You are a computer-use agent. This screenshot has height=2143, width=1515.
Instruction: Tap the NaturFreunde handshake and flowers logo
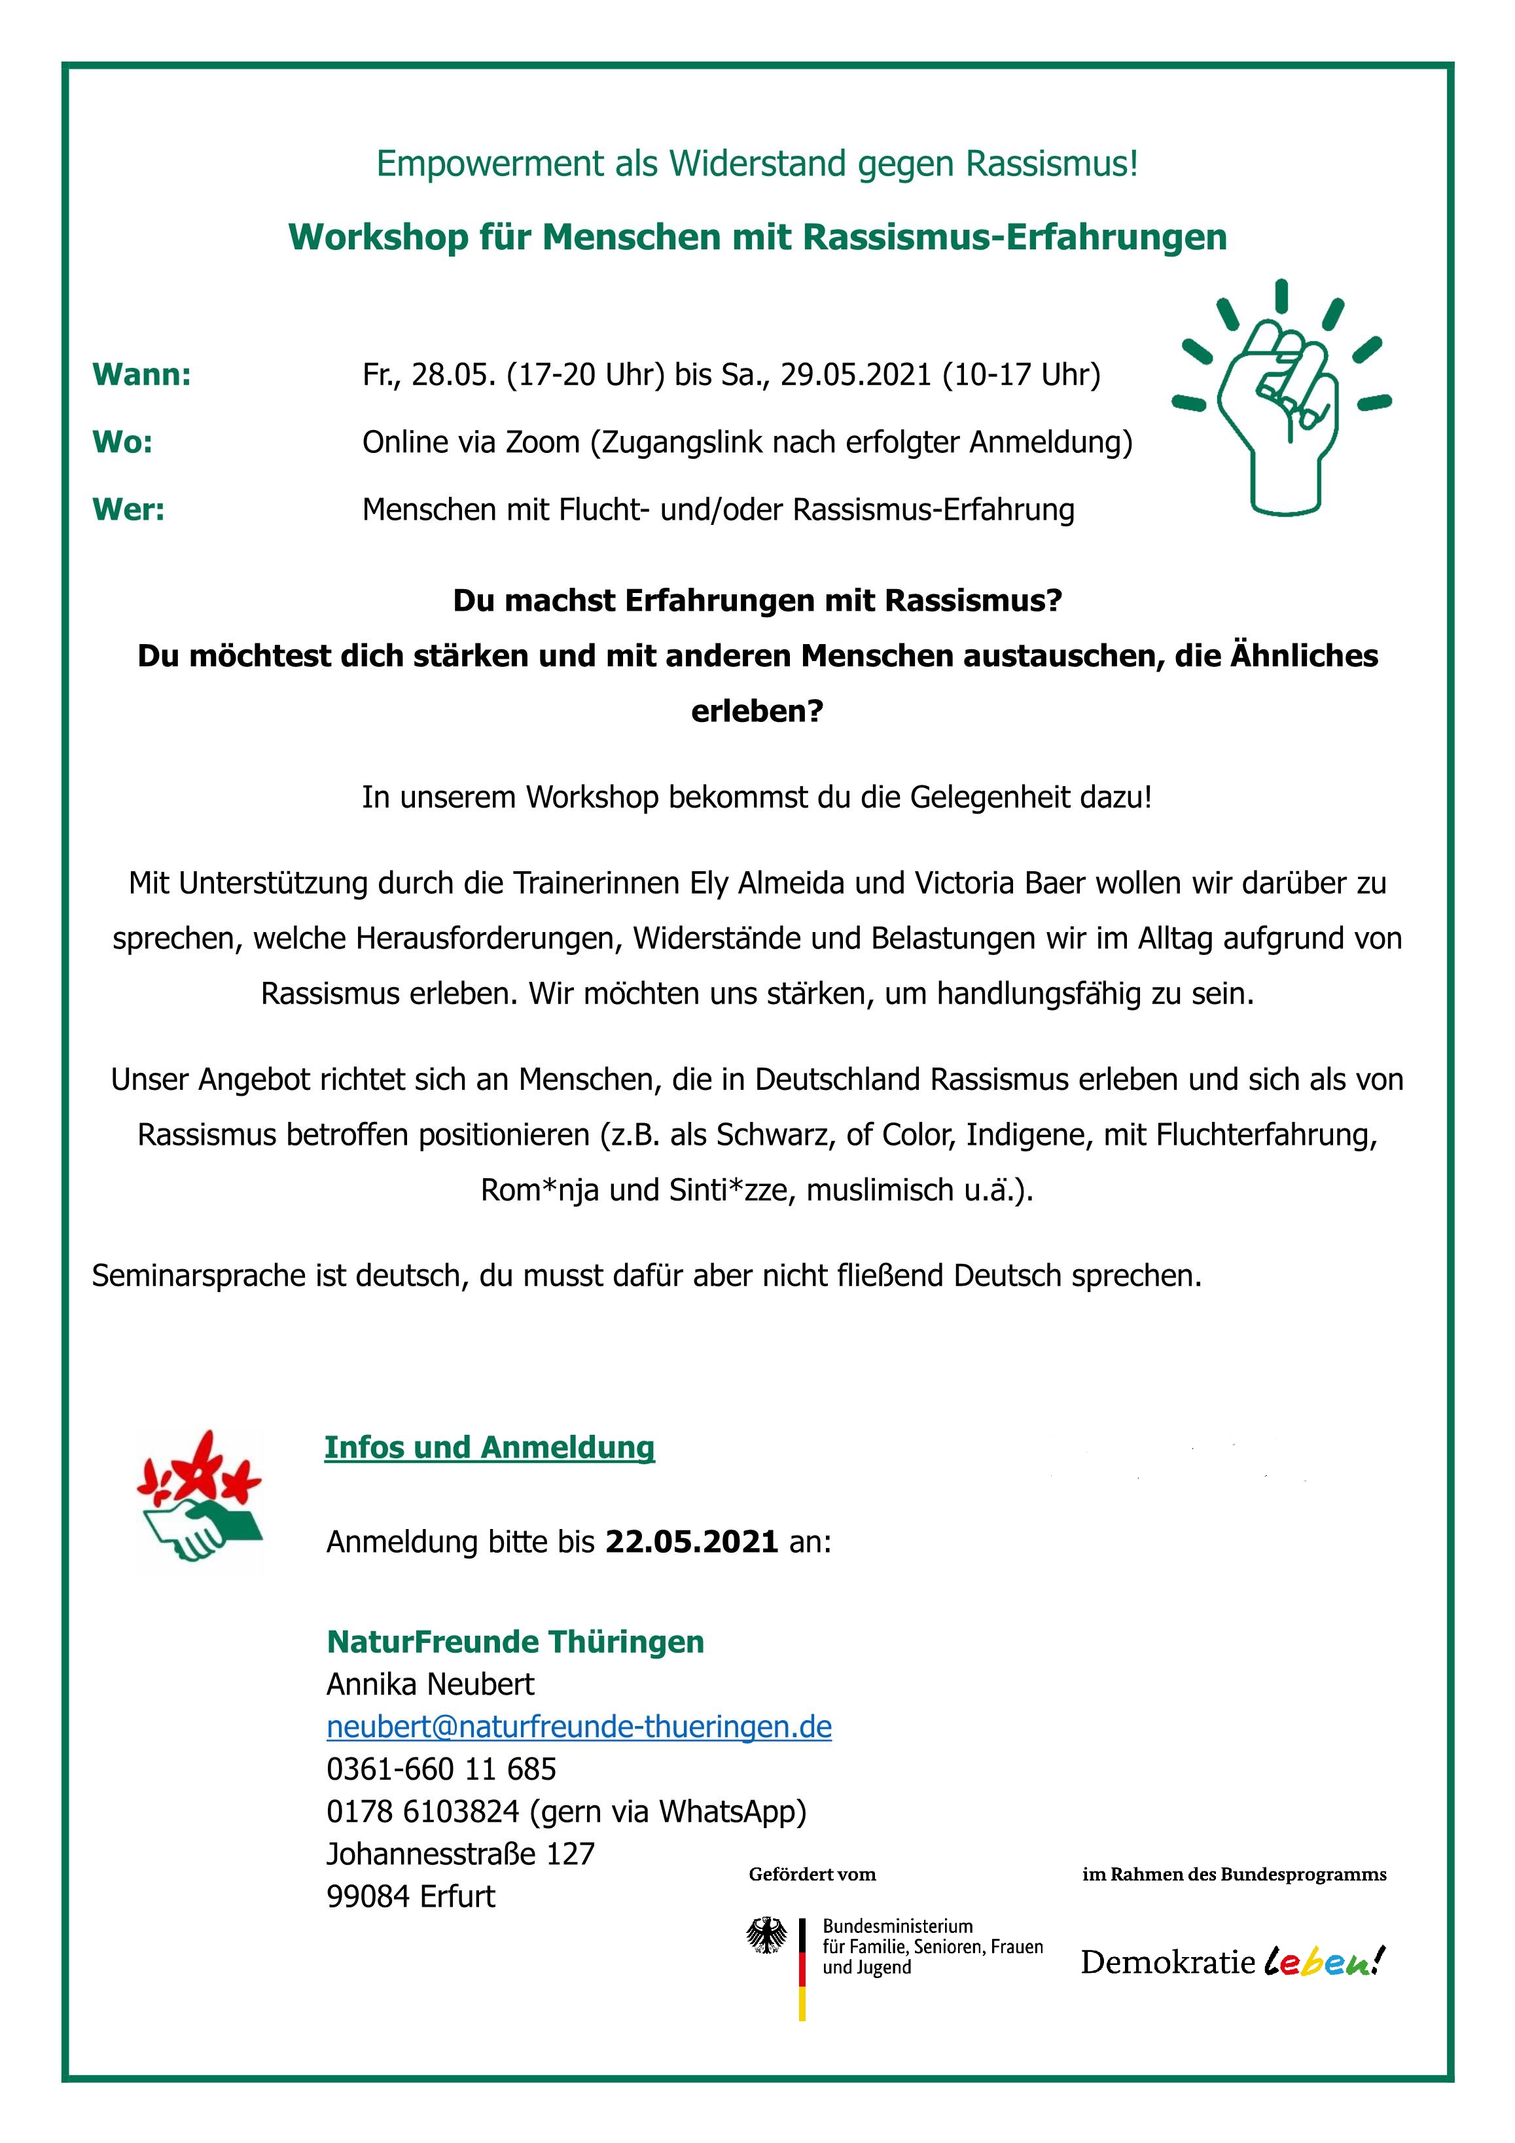pyautogui.click(x=200, y=1503)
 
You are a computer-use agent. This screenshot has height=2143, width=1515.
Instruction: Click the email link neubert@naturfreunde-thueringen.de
pyautogui.click(x=579, y=1727)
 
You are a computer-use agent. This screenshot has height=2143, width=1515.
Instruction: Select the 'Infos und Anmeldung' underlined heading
pyautogui.click(x=489, y=1448)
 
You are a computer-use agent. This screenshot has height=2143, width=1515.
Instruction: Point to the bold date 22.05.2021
pyautogui.click(x=692, y=1541)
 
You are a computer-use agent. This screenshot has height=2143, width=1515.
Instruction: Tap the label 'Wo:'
pyautogui.click(x=122, y=442)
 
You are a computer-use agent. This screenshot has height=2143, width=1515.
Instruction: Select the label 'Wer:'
pyautogui.click(x=128, y=510)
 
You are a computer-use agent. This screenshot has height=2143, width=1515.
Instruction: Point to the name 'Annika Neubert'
pyautogui.click(x=431, y=1684)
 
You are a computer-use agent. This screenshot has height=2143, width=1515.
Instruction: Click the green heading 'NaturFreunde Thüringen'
pyautogui.click(x=515, y=1641)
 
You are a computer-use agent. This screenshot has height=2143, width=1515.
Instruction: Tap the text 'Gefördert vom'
pyautogui.click(x=812, y=1874)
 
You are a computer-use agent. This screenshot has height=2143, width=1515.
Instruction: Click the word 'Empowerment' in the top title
pyautogui.click(x=490, y=164)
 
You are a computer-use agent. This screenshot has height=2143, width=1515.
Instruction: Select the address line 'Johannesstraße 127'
pyautogui.click(x=460, y=1854)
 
